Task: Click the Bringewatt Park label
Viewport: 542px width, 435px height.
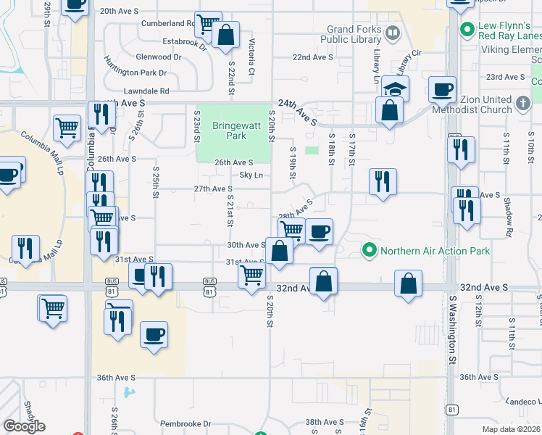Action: (229, 130)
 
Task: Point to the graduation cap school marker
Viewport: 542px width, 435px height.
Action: (396, 88)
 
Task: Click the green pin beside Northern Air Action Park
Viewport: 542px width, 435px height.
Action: (370, 252)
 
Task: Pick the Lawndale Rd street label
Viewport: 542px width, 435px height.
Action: (146, 91)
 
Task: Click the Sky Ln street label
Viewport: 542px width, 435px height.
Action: (251, 175)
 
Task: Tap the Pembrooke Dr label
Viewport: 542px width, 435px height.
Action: (185, 423)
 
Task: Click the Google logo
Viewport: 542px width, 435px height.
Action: (24, 426)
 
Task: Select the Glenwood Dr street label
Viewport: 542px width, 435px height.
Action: (159, 57)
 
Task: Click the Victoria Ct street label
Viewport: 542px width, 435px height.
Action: (251, 57)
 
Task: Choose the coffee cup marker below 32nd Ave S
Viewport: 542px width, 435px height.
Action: (154, 335)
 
